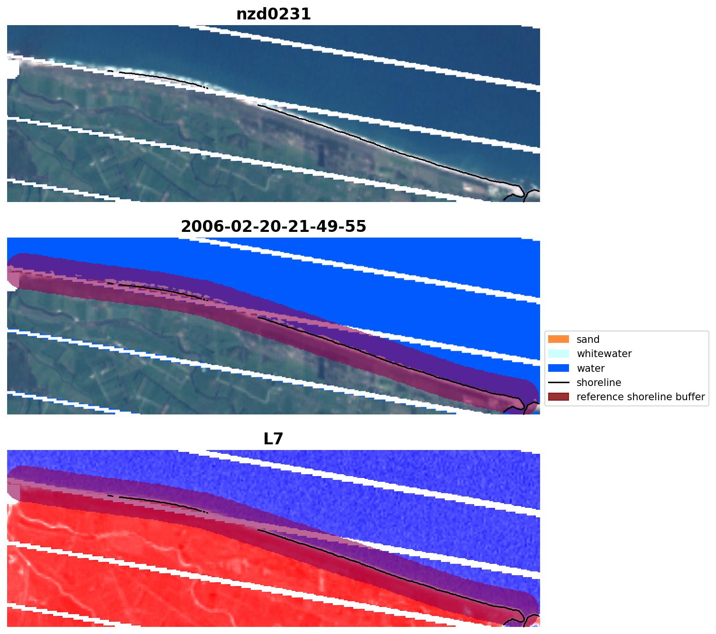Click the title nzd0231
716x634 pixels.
tap(274, 14)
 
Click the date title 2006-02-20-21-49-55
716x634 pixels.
tap(274, 227)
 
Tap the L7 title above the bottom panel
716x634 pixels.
tap(273, 439)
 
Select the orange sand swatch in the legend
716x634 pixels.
tap(558, 340)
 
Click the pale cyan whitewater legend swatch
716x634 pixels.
tap(558, 354)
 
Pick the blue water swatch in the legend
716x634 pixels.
tap(558, 368)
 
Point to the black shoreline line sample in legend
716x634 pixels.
tap(558, 383)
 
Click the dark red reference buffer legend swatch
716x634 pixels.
tap(558, 397)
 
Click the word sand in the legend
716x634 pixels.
tap(588, 340)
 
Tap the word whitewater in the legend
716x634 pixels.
tap(604, 354)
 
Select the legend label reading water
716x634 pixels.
tap(590, 368)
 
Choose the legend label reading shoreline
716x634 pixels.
tap(598, 383)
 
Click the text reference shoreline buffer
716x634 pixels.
tap(640, 397)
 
